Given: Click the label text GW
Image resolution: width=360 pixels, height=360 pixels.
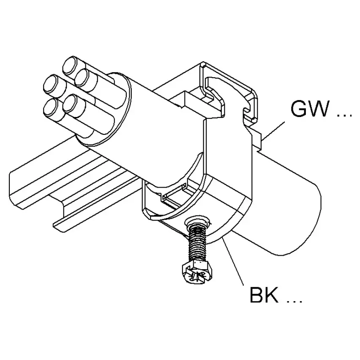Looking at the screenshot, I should [309, 109].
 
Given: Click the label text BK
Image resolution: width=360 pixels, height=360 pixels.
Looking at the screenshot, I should [264, 295].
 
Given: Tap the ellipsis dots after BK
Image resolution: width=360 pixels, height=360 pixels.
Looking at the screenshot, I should [295, 301].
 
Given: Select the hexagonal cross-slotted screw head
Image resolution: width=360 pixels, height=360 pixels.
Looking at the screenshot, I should [196, 273].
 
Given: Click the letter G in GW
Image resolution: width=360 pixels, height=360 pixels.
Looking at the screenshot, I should [299, 109].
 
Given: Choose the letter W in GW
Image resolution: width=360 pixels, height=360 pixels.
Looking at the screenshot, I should [319, 109].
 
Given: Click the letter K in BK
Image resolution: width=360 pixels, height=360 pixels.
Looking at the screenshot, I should [271, 295].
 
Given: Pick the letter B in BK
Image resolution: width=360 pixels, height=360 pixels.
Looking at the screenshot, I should [256, 295].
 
